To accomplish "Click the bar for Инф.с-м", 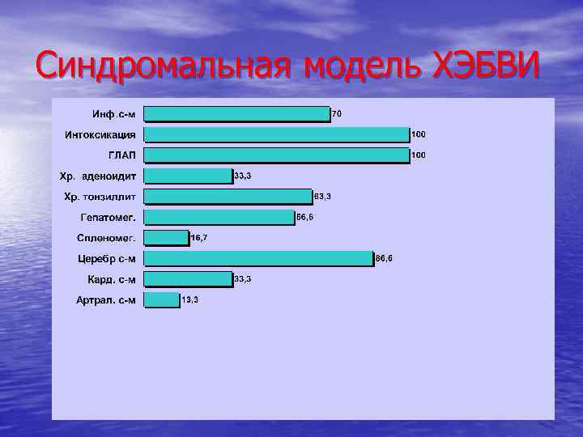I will point(236,113).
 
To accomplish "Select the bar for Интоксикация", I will point(276,134).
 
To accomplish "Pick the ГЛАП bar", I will point(276,155).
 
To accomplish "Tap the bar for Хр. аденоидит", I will point(188,176).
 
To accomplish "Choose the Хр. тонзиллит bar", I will point(228,197).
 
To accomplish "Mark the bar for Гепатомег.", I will point(219,217).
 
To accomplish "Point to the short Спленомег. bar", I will point(166,238).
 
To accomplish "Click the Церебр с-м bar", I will point(258,258).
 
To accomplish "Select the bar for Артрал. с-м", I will point(162,299).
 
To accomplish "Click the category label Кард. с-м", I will point(112,279).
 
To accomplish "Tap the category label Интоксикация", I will point(100,134).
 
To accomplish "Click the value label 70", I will point(337,114).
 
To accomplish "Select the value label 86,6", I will point(384,259).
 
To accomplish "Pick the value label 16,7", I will point(198,238).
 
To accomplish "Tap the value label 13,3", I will point(190,300).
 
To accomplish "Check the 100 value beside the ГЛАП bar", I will point(419,155).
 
